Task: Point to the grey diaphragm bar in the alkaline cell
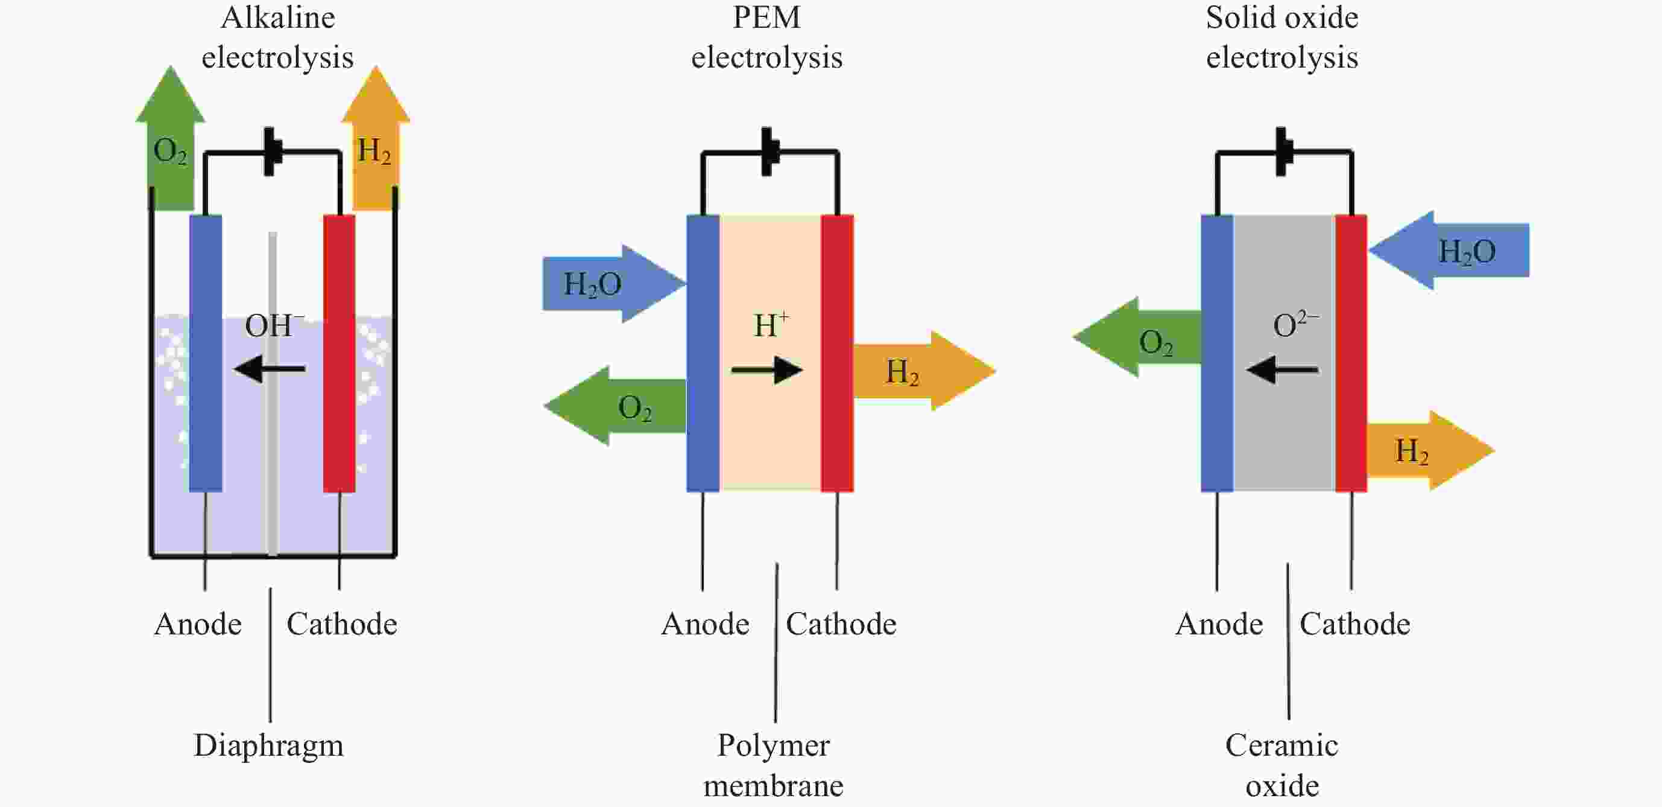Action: pos(273,452)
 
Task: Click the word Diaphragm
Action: pos(269,745)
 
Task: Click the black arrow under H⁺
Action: pos(766,370)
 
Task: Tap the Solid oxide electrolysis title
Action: pos(1281,37)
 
